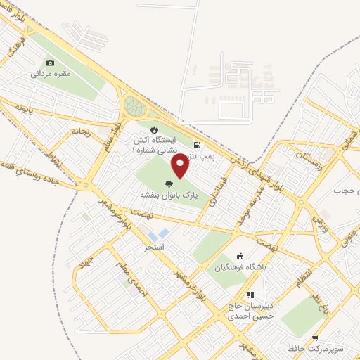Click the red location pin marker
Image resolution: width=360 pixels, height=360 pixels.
click(181, 165)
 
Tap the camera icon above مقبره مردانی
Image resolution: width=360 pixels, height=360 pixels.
click(50, 63)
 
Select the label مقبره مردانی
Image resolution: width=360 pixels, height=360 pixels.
click(50, 73)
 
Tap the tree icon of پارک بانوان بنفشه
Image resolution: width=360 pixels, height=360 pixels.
click(169, 184)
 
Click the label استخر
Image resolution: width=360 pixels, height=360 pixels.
click(154, 247)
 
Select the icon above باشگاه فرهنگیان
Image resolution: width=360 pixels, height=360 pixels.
click(241, 256)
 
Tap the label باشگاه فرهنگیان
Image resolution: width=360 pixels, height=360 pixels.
click(241, 267)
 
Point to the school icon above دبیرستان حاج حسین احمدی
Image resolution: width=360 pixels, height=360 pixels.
click(249, 295)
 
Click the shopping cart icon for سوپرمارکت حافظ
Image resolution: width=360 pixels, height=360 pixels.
click(315, 337)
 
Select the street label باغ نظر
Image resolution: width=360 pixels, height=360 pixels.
click(321, 298)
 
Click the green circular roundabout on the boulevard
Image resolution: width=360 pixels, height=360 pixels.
click(134, 107)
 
